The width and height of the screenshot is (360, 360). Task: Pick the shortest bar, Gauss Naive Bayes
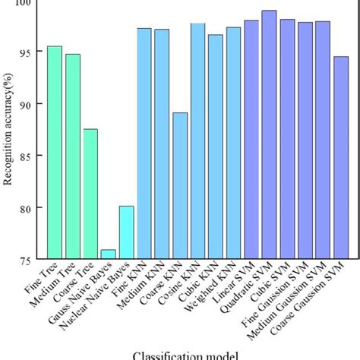pyautogui.click(x=108, y=254)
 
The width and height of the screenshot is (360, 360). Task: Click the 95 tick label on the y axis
pyautogui.click(x=31, y=52)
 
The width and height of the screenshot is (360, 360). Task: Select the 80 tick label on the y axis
pyautogui.click(x=31, y=208)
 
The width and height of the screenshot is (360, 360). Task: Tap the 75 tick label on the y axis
pyautogui.click(x=31, y=260)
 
